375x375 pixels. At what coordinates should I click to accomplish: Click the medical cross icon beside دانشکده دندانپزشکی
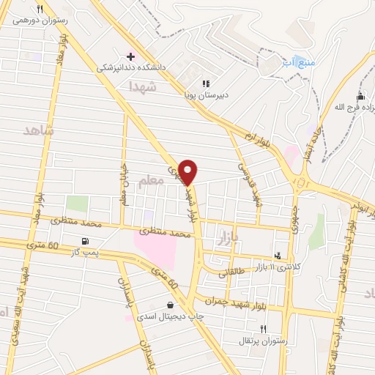point(130,56)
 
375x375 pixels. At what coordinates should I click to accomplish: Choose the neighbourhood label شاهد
point(40,130)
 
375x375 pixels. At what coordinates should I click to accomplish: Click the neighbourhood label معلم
point(152,187)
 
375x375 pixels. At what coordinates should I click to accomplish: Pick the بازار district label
point(229,238)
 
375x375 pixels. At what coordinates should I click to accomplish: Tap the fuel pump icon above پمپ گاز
point(87,241)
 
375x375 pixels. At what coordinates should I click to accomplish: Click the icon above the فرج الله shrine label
point(360,96)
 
